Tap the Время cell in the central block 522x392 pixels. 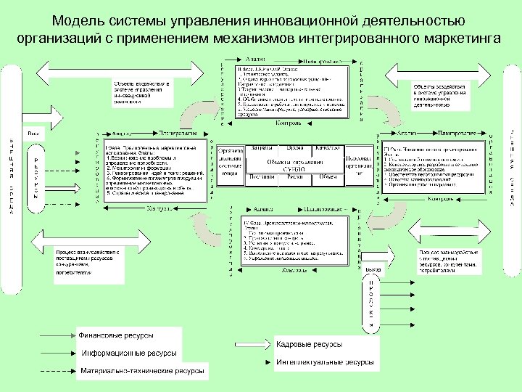click(294, 148)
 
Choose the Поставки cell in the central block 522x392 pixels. click(260, 176)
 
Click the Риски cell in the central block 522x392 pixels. click(294, 176)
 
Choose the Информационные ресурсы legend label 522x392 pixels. click(129, 354)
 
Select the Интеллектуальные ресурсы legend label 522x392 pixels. click(325, 361)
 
